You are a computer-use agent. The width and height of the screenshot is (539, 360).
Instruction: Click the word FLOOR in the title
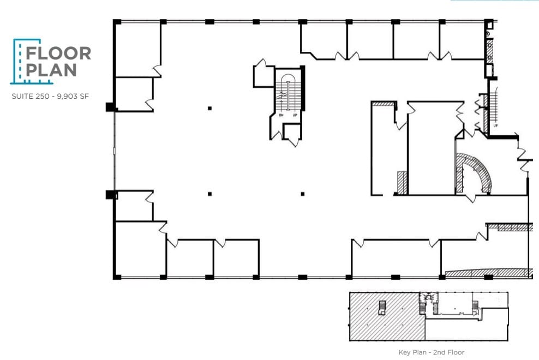pyautogui.click(x=58, y=53)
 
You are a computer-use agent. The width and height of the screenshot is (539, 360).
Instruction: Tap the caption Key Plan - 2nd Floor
pyautogui.click(x=431, y=352)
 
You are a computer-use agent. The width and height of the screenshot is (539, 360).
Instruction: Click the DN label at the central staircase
pyautogui.click(x=281, y=116)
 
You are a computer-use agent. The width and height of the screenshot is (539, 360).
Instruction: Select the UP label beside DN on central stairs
pyautogui.click(x=295, y=116)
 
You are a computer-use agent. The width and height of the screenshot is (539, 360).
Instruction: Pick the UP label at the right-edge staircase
pyautogui.click(x=495, y=126)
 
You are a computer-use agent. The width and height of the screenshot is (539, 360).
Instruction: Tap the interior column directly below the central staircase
pyautogui.click(x=303, y=194)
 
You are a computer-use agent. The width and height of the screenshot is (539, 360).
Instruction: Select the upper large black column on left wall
pyautogui.click(x=111, y=107)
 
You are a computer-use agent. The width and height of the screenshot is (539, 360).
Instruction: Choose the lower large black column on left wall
pyautogui.click(x=111, y=194)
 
